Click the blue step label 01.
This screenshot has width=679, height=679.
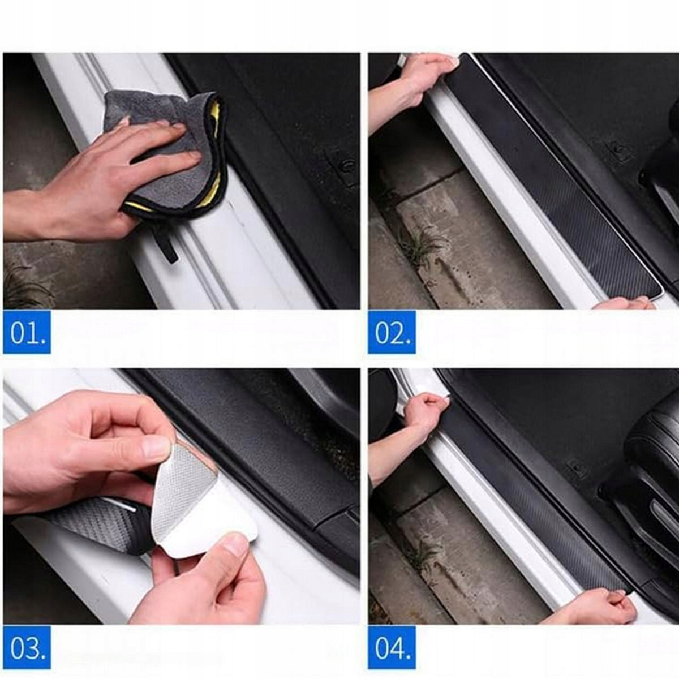[x=27, y=332]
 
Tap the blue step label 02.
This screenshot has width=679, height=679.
[x=392, y=332]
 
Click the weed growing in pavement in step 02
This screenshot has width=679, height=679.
[x=421, y=243]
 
